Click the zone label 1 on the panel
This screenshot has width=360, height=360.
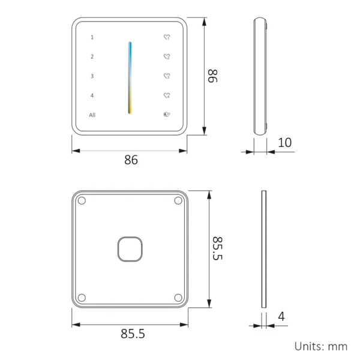pyautogui.click(x=92, y=37)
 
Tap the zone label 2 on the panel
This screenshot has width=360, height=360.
pyautogui.click(x=92, y=57)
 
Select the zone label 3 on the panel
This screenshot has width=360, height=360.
pyautogui.click(x=92, y=76)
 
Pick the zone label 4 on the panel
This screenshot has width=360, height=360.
pyautogui.click(x=92, y=95)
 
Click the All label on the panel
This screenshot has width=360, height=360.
pyautogui.click(x=92, y=115)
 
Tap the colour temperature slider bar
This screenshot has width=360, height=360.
pyautogui.click(x=130, y=77)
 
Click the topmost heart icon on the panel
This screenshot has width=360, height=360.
pyautogui.click(x=167, y=37)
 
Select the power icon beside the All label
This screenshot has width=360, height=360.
pyautogui.click(x=167, y=115)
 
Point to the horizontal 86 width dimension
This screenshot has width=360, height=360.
pyautogui.click(x=131, y=160)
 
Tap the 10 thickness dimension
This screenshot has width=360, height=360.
pyautogui.click(x=285, y=143)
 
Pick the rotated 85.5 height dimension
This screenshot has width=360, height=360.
pyautogui.click(x=217, y=248)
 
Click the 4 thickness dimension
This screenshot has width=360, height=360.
pyautogui.click(x=281, y=316)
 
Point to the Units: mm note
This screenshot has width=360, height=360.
pyautogui.click(x=320, y=346)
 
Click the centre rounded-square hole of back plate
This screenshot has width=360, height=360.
pyautogui.click(x=130, y=248)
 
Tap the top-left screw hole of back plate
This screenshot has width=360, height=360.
pyautogui.click(x=82, y=201)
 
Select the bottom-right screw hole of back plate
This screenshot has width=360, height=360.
pyautogui.click(x=178, y=296)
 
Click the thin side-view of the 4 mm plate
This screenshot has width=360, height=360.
pyautogui.click(x=263, y=248)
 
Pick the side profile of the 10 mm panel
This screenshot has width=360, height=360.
pyautogui.click(x=260, y=76)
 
